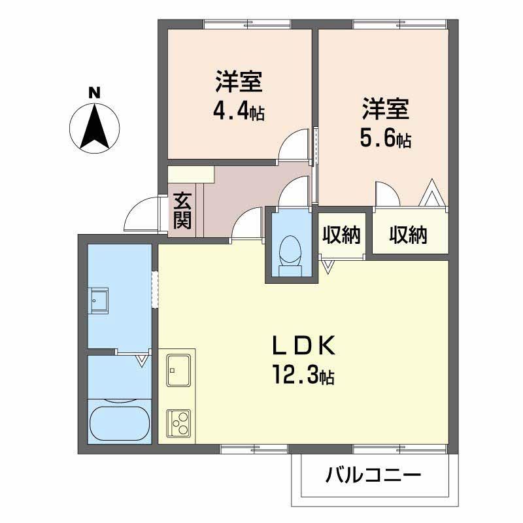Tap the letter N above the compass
(x=94, y=93)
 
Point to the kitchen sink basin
(x=178, y=370)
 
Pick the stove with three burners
(x=178, y=422)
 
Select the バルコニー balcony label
(x=373, y=475)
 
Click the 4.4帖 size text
(x=239, y=112)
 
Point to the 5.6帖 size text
(x=385, y=139)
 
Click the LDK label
(x=303, y=346)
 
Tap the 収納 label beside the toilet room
(x=341, y=235)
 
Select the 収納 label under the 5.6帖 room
(x=408, y=235)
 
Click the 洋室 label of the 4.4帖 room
(x=239, y=81)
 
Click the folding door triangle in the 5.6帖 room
(x=432, y=193)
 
